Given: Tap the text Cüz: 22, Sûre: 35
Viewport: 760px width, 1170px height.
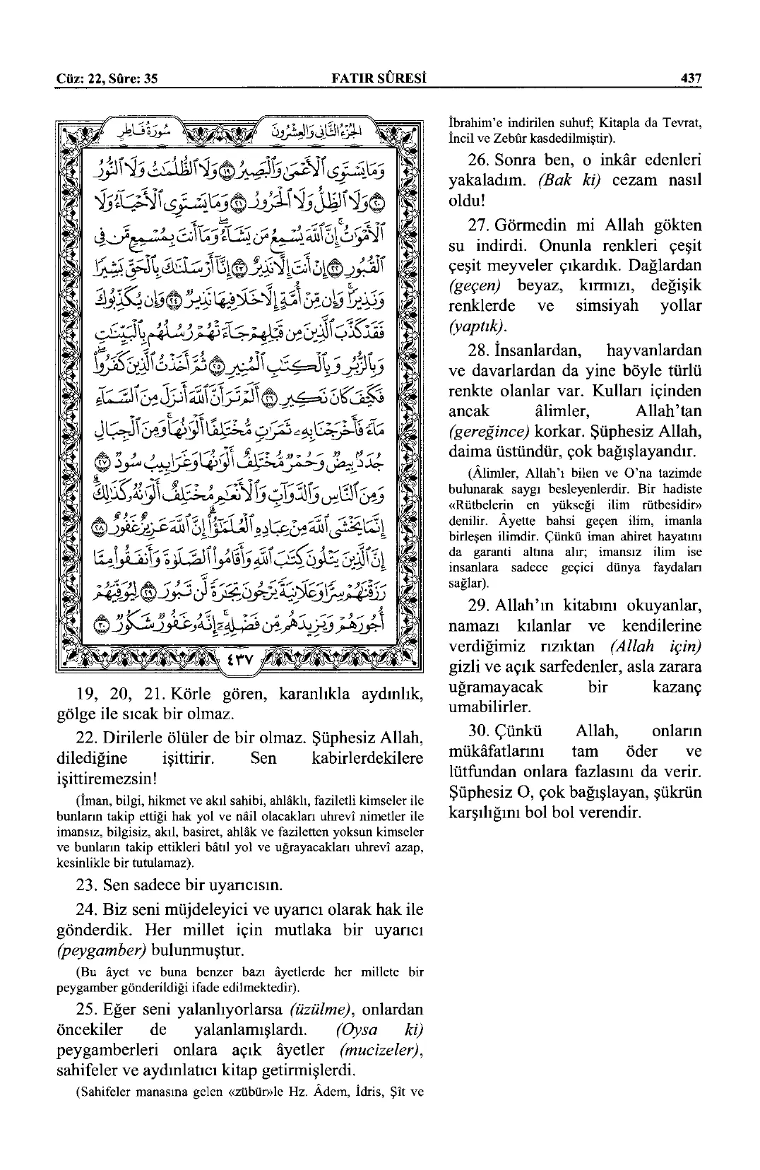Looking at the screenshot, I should pyautogui.click(x=106, y=78).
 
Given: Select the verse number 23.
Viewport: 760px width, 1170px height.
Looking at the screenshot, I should pyautogui.click(x=87, y=885).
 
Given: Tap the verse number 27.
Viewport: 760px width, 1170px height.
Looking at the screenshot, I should pyautogui.click(x=479, y=226).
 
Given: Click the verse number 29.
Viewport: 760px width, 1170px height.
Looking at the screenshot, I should pyautogui.click(x=479, y=606).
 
